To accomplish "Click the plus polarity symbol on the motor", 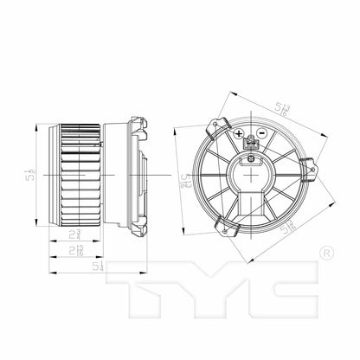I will click(x=238, y=133).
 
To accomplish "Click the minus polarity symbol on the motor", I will click(x=260, y=133).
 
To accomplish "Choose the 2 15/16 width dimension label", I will click(x=79, y=251).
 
